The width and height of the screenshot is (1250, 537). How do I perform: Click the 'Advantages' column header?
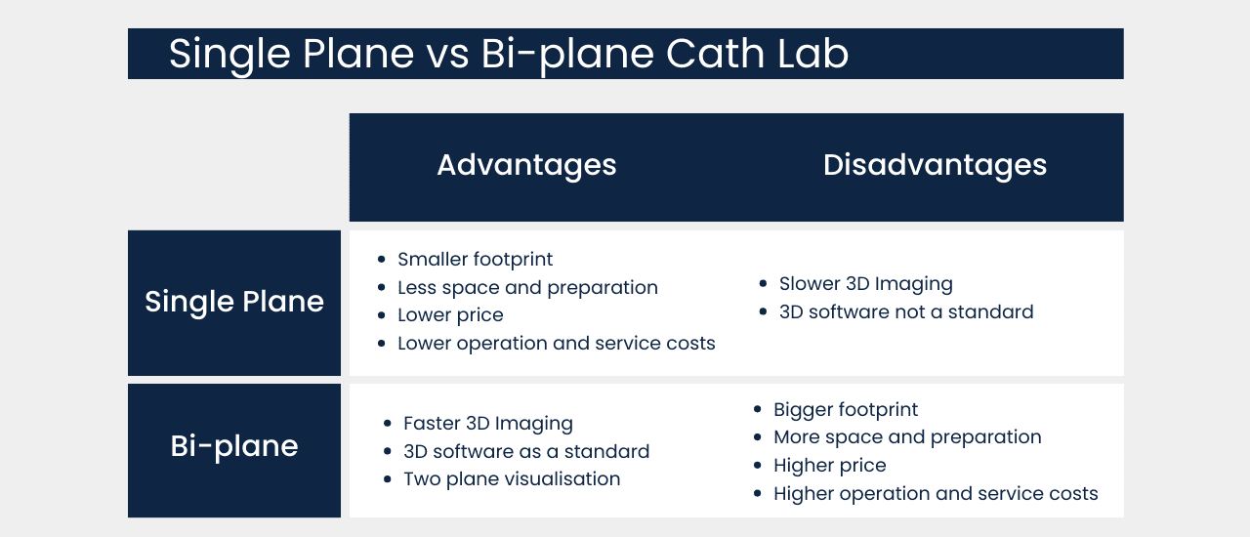pyautogui.click(x=526, y=165)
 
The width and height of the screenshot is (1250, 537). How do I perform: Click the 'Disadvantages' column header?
pyautogui.click(x=935, y=165)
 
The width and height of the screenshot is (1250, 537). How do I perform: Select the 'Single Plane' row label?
pyautogui.click(x=234, y=302)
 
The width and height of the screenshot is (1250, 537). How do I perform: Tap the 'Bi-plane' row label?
pyautogui.click(x=234, y=446)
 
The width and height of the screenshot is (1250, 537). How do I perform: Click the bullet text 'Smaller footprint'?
pyautogui.click(x=475, y=260)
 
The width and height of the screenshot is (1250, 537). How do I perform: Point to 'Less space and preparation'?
pyautogui.click(x=527, y=288)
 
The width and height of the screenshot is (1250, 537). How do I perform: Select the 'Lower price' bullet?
pyautogui.click(x=450, y=315)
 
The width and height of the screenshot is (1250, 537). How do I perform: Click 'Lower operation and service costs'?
pyautogui.click(x=556, y=344)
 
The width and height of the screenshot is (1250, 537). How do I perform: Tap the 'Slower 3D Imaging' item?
pyautogui.click(x=865, y=284)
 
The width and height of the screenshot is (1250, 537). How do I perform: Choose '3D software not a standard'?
pyautogui.click(x=905, y=312)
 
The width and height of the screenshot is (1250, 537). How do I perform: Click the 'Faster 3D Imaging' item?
pyautogui.click(x=487, y=424)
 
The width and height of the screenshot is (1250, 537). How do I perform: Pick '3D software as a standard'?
pyautogui.click(x=526, y=452)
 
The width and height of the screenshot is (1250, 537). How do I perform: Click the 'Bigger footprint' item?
pyautogui.click(x=846, y=410)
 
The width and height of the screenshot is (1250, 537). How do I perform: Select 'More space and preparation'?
pyautogui.click(x=907, y=437)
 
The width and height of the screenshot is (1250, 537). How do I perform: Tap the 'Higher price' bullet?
pyautogui.click(x=829, y=466)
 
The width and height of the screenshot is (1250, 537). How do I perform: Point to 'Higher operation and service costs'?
pyautogui.click(x=936, y=494)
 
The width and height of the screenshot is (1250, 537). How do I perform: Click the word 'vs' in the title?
pyautogui.click(x=446, y=55)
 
